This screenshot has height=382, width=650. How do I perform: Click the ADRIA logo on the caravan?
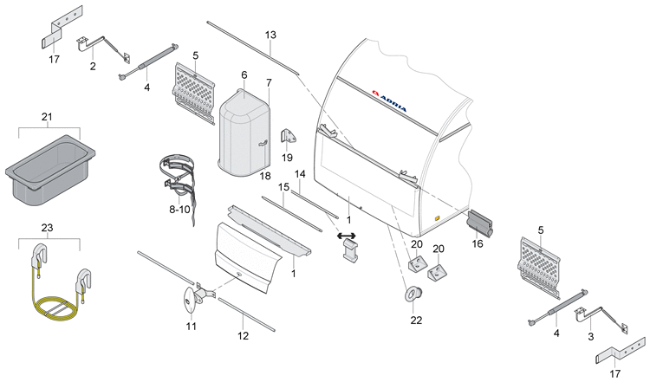click(389, 100)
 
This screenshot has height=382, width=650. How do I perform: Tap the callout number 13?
click(270, 35)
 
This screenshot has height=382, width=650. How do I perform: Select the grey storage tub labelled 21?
click(50, 169)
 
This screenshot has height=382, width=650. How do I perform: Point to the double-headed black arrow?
click(347, 236)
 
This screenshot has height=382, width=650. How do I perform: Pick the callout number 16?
click(478, 243)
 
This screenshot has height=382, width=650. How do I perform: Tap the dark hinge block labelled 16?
click(479, 224)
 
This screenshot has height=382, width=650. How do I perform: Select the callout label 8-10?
click(179, 210)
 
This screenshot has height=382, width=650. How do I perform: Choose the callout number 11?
click(191, 327)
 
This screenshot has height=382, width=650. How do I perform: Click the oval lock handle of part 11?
click(190, 300)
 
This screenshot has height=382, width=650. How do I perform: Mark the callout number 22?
click(416, 320)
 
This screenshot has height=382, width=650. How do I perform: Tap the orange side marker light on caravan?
click(437, 218)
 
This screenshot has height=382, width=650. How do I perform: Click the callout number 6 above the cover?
click(244, 75)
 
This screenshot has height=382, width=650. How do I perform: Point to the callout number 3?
click(591, 336)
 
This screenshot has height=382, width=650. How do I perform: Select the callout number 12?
click(243, 335)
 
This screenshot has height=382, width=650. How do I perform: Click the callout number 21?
click(47, 117)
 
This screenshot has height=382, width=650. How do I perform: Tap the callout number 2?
click(93, 67)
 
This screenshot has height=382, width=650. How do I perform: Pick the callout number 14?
click(300, 174)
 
